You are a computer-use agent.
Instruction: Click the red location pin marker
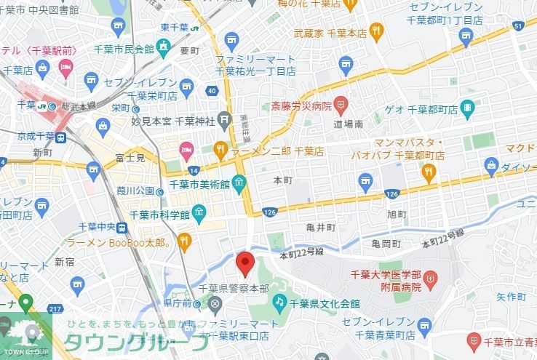[245, 263]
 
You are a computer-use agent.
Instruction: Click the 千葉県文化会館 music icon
[279, 301]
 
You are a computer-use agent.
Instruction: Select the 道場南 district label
[348, 125]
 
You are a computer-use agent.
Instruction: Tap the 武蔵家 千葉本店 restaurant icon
[375, 30]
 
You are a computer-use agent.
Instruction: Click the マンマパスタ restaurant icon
[428, 172]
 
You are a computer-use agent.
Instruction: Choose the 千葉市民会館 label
[124, 49]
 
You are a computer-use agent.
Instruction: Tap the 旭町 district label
[397, 215]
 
